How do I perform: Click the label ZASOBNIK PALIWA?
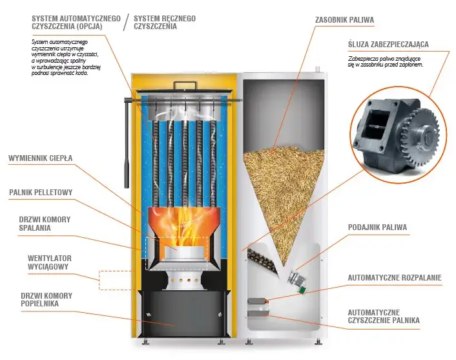344,20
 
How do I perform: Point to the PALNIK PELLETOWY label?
41,192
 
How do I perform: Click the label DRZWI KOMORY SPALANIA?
45,224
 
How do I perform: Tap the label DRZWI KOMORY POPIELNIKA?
45,300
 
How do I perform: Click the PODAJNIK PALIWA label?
376,228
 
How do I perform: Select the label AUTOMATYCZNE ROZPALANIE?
395,278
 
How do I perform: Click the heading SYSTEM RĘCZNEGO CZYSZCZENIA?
165,23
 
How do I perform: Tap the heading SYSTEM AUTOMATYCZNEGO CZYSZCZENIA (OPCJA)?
76,23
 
